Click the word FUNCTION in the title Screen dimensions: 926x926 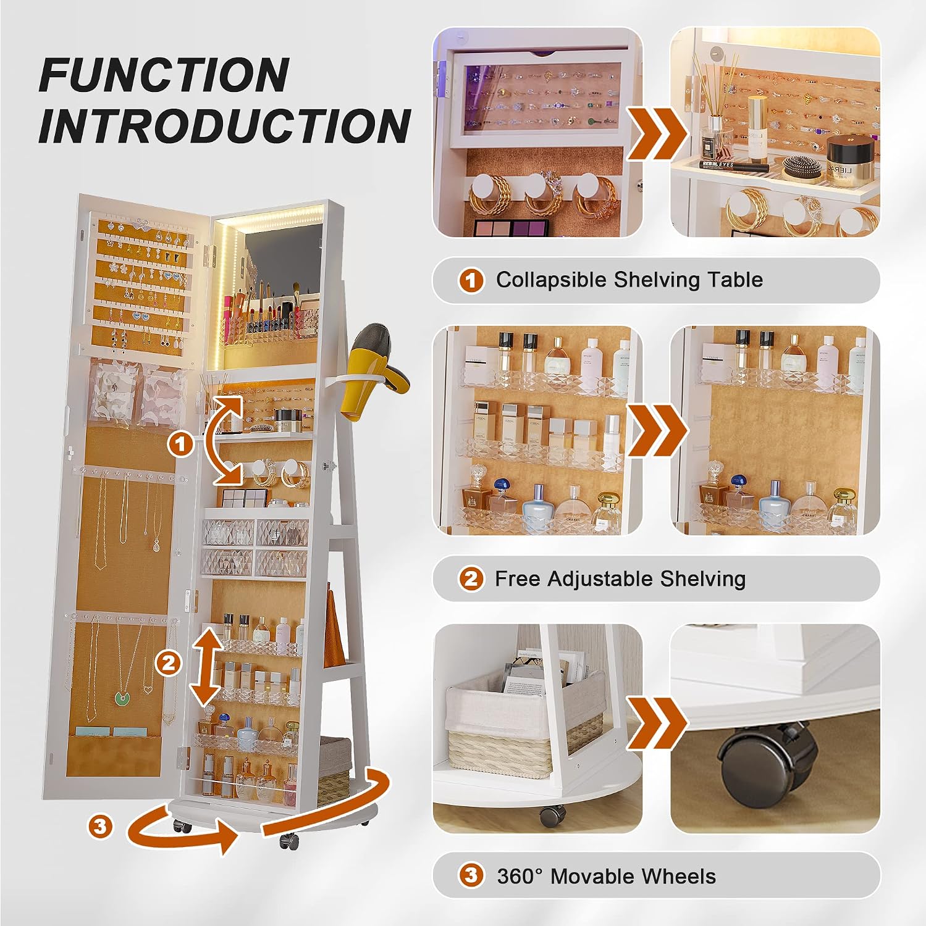click(164, 75)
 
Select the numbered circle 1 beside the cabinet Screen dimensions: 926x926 click(181, 444)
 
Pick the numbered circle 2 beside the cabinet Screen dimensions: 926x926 click(168, 664)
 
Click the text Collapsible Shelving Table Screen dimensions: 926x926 click(629, 280)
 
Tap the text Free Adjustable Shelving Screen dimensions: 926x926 click(620, 579)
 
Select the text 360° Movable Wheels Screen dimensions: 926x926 click(606, 876)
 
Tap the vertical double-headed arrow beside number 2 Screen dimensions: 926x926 click(206, 667)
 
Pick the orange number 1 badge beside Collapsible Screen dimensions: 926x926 click(471, 280)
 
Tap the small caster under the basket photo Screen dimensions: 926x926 click(551, 816)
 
